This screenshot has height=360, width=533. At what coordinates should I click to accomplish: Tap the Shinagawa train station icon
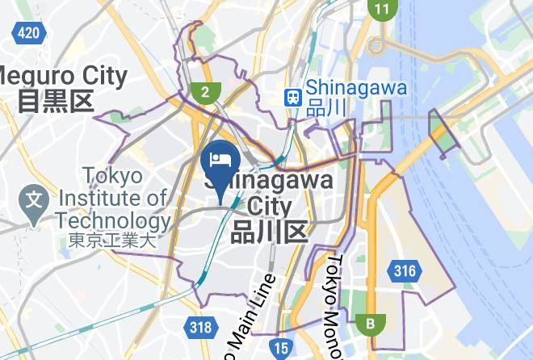click(292, 97)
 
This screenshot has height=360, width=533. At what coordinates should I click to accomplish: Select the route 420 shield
click(28, 32)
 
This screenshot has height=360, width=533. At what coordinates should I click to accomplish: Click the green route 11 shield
click(381, 10)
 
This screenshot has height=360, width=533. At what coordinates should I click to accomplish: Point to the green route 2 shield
click(206, 91)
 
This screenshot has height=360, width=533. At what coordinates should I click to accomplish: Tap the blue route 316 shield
click(404, 271)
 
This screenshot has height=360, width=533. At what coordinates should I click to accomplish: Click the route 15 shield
click(280, 348)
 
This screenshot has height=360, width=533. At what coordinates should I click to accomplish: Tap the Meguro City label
click(65, 77)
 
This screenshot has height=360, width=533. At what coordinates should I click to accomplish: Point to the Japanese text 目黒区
click(57, 101)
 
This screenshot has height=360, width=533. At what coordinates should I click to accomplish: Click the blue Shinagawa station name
click(356, 88)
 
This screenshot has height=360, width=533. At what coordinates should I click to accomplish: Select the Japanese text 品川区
click(270, 232)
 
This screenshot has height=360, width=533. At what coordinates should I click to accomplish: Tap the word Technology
click(113, 220)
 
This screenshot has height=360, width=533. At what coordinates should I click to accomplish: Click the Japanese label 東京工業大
click(111, 240)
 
